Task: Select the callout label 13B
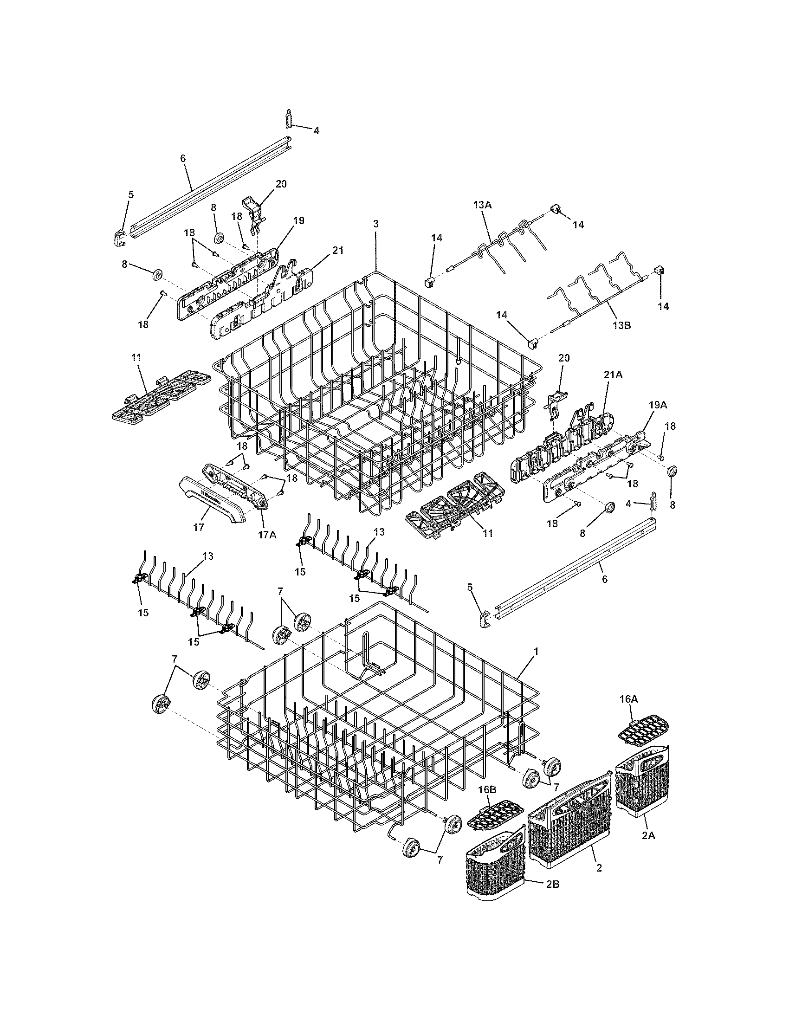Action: pos(621,326)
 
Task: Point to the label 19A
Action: pos(657,405)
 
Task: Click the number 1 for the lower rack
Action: pos(536,651)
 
